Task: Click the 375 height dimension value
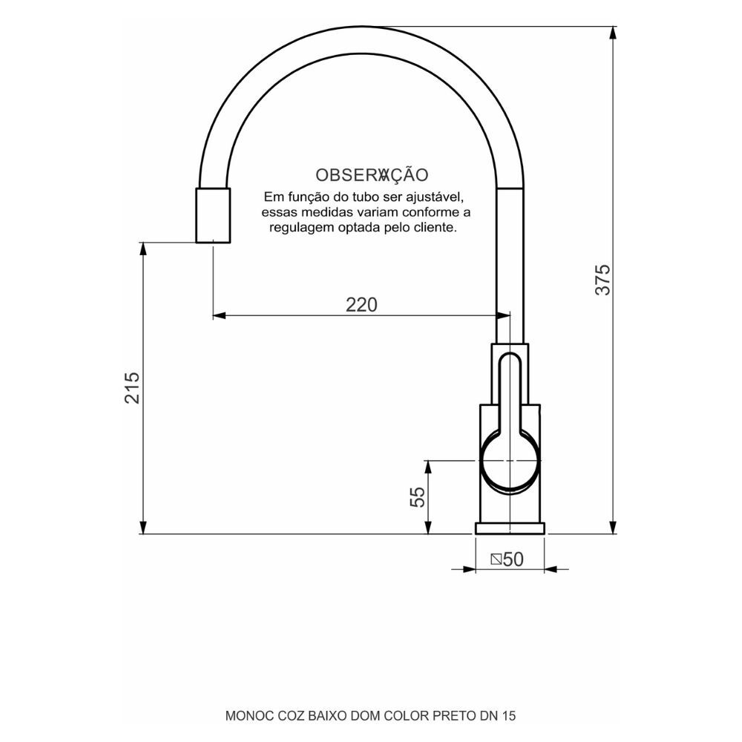[605, 280]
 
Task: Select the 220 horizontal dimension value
[361, 304]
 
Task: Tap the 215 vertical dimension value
[132, 387]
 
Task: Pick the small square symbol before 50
[496, 559]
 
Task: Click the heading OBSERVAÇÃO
[372, 175]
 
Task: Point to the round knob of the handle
[510, 461]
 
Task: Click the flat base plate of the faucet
[510, 528]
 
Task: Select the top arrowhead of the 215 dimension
[142, 248]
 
